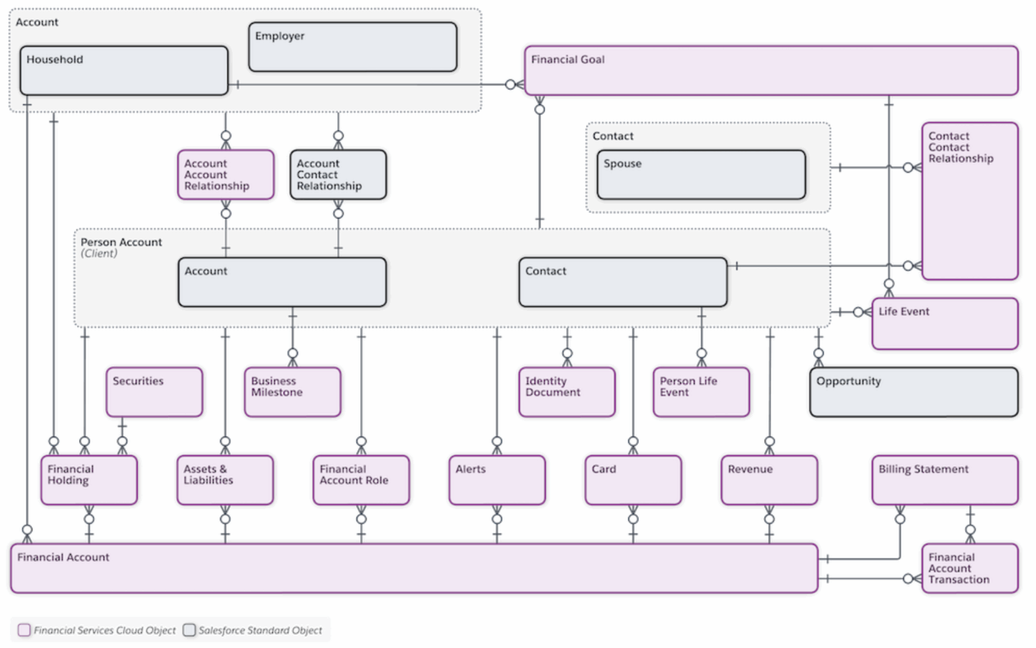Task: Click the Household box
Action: click(124, 71)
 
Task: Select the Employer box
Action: click(353, 47)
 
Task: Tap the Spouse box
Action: click(701, 175)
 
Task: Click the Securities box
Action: click(154, 392)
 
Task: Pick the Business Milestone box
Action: click(293, 392)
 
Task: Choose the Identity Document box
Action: click(567, 392)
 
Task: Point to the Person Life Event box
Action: click(701, 392)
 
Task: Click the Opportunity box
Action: click(913, 392)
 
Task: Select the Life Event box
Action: click(944, 324)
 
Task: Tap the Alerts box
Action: click(497, 480)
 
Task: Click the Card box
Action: click(633, 480)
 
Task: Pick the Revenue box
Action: click(769, 480)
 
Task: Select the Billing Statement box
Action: click(944, 480)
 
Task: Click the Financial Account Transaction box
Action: click(969, 568)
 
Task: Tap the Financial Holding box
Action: click(89, 480)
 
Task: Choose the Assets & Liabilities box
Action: click(225, 480)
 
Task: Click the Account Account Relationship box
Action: click(225, 175)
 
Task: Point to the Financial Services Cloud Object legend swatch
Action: click(24, 630)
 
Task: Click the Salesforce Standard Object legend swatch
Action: click(190, 630)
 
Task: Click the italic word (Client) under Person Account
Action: click(99, 254)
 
